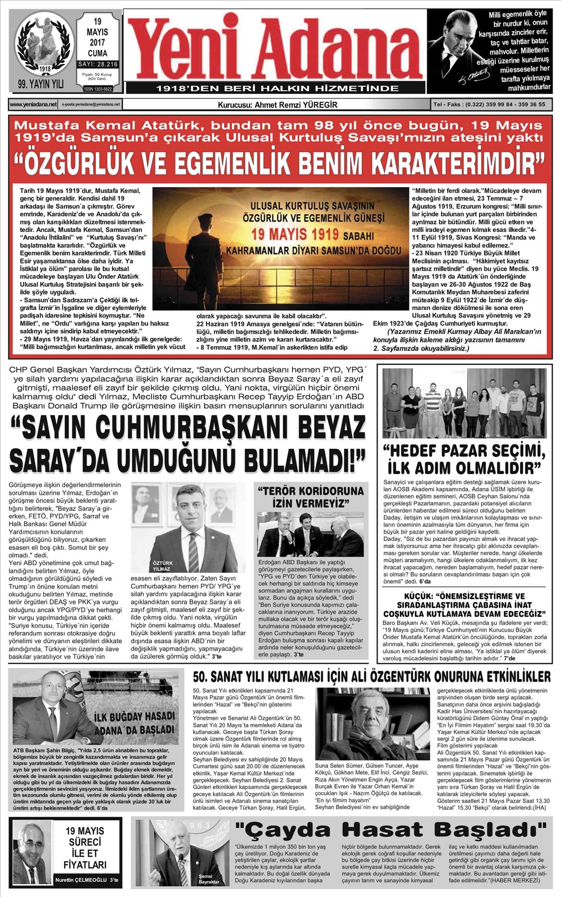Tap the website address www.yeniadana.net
pos(33,104)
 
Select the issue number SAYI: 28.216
pos(98,65)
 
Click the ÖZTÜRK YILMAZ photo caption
pos(163,566)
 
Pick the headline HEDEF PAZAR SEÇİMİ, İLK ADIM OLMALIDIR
pos(463,459)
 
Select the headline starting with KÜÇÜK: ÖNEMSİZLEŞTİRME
pos(463,604)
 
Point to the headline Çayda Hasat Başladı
pos(390,831)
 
